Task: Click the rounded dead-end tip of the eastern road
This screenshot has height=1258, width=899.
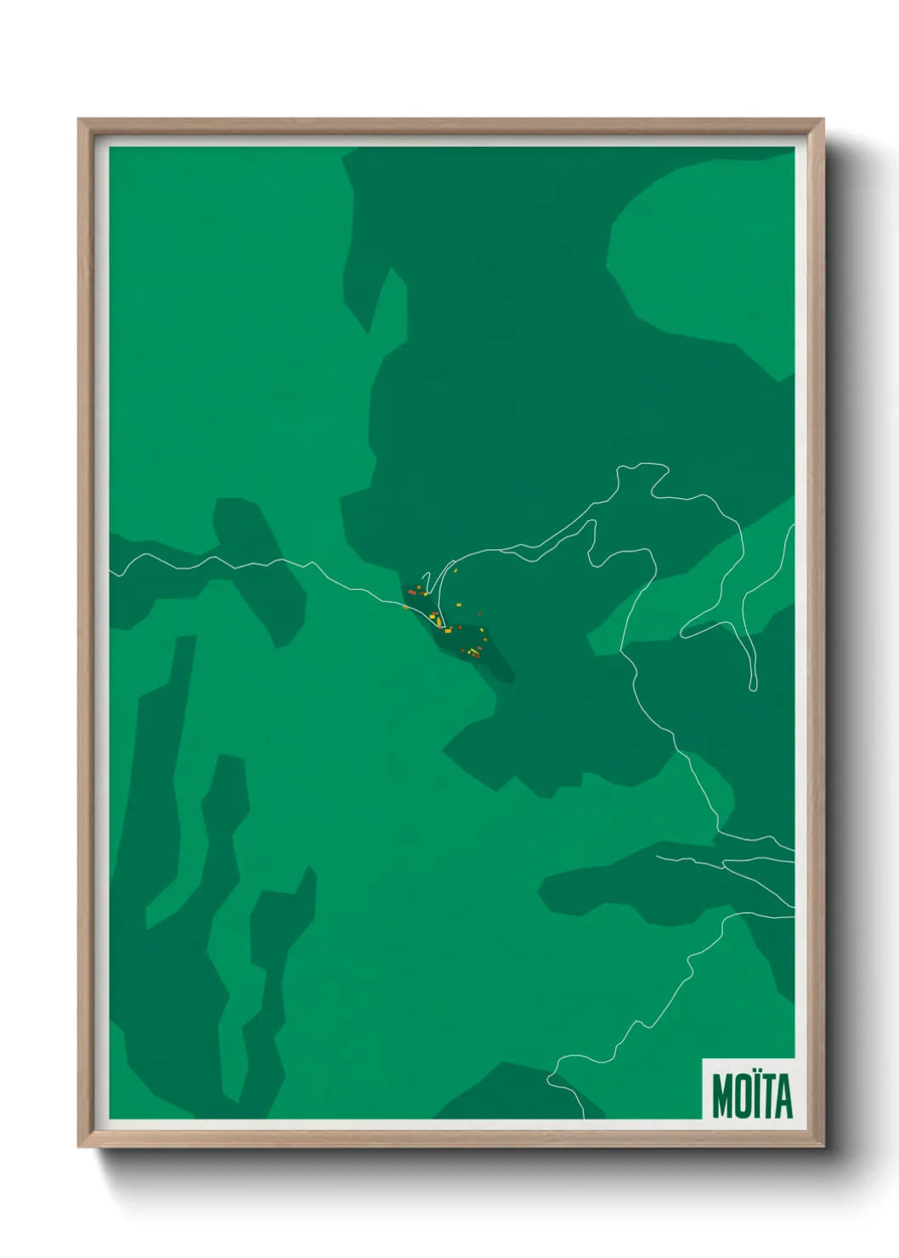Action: (753, 687)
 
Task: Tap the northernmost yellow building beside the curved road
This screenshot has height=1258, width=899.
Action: (455, 571)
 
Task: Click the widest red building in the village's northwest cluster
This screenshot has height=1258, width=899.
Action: (412, 592)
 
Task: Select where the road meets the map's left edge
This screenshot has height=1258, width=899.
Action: (111, 575)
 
